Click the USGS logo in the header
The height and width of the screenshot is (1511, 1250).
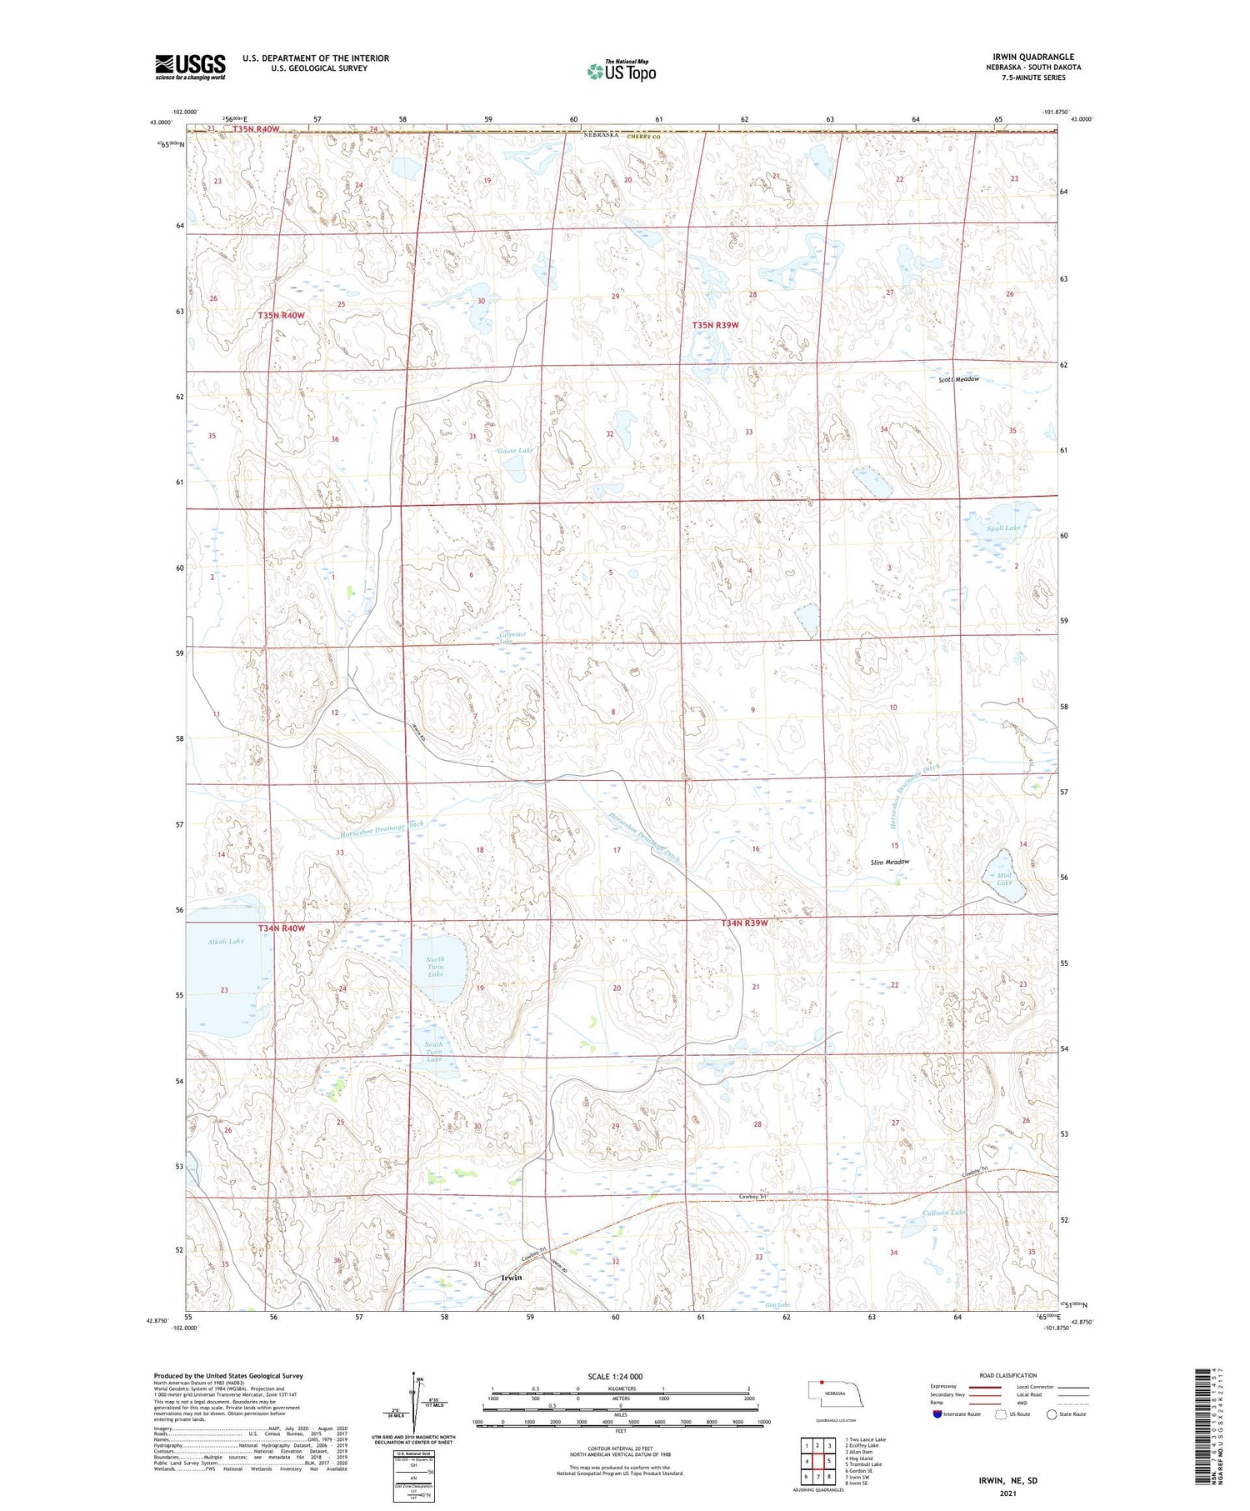(x=190, y=67)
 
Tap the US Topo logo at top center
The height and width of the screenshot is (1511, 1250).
(x=621, y=72)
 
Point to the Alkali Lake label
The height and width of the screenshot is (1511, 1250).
(x=226, y=941)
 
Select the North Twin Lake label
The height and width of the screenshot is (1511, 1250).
(x=435, y=967)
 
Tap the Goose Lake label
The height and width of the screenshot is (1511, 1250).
(x=515, y=451)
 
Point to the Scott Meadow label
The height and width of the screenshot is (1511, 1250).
(x=958, y=379)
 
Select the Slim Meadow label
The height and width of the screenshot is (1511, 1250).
(x=889, y=862)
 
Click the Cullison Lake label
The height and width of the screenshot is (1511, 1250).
(x=944, y=1212)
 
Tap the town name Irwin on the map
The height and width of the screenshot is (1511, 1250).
(x=511, y=1278)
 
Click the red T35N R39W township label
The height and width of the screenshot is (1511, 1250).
(x=715, y=325)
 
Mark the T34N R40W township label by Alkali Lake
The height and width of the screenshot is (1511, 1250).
(x=282, y=928)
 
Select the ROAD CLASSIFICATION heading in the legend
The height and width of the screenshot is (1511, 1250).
(x=1008, y=1375)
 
